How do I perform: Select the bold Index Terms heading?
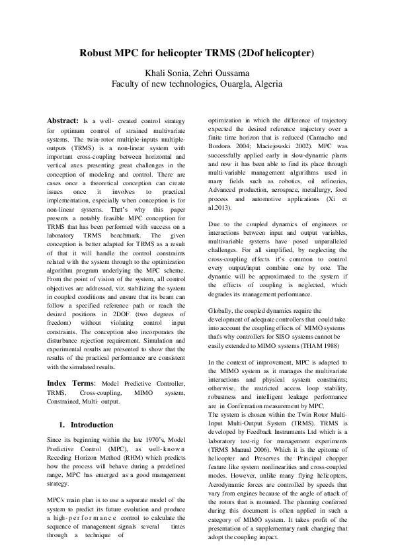coord(71,383)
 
